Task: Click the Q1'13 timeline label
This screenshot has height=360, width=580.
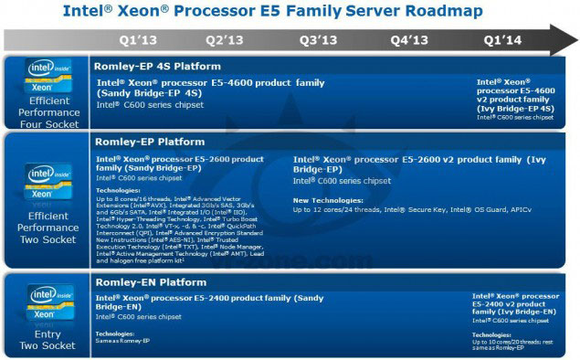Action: (x=138, y=40)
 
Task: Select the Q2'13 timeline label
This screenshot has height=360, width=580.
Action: (x=224, y=40)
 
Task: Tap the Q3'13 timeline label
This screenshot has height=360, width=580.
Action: (x=318, y=40)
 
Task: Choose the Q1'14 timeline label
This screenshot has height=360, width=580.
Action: (x=503, y=40)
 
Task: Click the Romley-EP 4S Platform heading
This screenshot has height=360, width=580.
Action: (x=157, y=67)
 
